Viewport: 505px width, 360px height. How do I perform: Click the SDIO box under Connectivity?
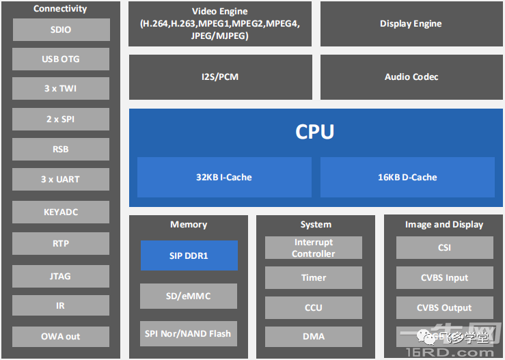[x=61, y=29]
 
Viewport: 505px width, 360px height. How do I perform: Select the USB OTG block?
[x=61, y=59]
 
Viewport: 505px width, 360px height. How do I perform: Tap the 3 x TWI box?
[x=61, y=89]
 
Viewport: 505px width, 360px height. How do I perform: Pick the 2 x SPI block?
[x=61, y=119]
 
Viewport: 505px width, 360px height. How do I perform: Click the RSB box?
[x=61, y=149]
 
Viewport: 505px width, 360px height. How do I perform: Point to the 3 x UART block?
[x=61, y=179]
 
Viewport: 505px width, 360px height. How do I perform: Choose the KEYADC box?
[x=61, y=212]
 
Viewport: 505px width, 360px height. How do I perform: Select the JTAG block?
[x=61, y=276]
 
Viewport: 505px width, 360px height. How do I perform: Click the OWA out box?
[x=61, y=336]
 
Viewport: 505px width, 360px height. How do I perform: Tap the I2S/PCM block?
[x=220, y=77]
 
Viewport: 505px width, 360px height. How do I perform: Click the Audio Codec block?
[x=411, y=77]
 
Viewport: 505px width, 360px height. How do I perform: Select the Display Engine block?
[x=411, y=24]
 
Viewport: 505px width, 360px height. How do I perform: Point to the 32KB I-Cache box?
[x=224, y=177]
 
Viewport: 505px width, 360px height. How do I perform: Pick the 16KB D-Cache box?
[x=407, y=177]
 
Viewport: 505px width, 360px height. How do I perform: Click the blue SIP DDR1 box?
[x=189, y=255]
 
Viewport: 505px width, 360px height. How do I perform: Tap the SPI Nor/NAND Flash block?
[x=189, y=334]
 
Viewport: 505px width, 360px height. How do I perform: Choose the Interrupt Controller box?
[x=314, y=248]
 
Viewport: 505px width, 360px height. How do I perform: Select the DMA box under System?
[x=314, y=336]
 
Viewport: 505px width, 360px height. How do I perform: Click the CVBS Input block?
[x=444, y=277]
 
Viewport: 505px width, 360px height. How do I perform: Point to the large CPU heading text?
[x=314, y=131]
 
